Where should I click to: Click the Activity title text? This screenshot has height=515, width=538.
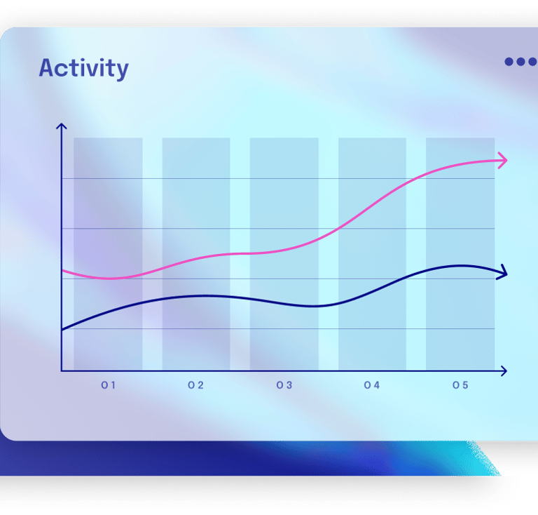coord(83,69)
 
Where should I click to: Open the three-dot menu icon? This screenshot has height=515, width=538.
coord(520,62)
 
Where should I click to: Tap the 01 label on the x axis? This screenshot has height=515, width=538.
coord(108,385)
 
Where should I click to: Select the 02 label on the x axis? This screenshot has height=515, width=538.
coord(195,385)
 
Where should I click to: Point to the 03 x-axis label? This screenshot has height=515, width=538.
coord(284,385)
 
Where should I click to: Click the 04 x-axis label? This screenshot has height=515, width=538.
coord(371,385)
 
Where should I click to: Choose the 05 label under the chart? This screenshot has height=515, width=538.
coord(460,385)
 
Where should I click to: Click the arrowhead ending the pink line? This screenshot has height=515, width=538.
coord(502,161)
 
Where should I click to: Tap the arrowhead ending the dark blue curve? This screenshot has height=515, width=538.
coord(502,273)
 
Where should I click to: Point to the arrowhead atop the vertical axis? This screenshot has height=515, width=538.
coord(62,127)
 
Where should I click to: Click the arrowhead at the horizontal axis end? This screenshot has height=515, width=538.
coord(503,370)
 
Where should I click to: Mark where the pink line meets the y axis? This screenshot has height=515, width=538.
coord(62,270)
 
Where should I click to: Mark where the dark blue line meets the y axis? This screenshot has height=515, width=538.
coord(62,329)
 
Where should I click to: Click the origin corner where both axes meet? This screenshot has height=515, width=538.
coord(62,370)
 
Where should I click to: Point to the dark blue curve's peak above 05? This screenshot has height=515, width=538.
coord(460,265)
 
